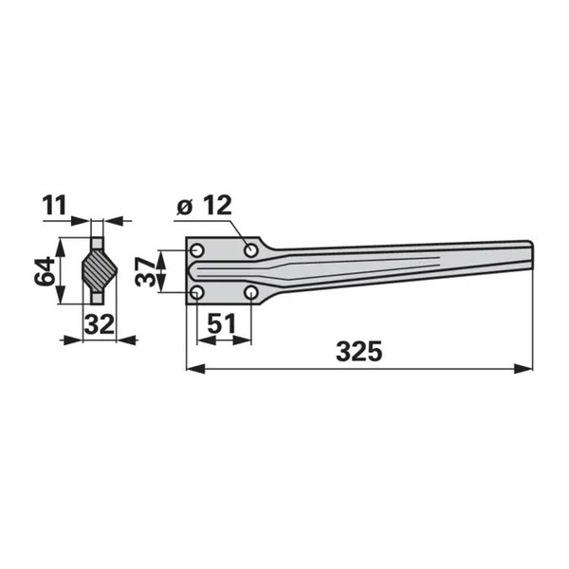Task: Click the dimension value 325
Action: [358, 351]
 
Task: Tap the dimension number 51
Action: [221, 323]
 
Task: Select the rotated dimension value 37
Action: [145, 270]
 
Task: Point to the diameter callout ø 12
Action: [204, 206]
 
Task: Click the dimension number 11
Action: [55, 206]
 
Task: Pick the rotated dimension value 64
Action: [45, 271]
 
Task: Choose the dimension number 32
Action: [99, 324]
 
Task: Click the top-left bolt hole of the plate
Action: [197, 250]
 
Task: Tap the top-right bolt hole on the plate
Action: [250, 250]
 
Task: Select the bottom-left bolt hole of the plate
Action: [197, 292]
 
